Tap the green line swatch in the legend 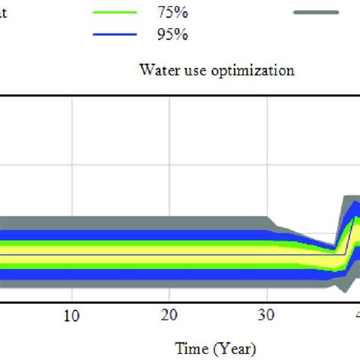click(x=115, y=12)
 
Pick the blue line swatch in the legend click(x=115, y=34)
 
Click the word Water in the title click(x=155, y=71)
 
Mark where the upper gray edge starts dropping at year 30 click(x=267, y=218)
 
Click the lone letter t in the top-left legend click(x=4, y=12)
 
